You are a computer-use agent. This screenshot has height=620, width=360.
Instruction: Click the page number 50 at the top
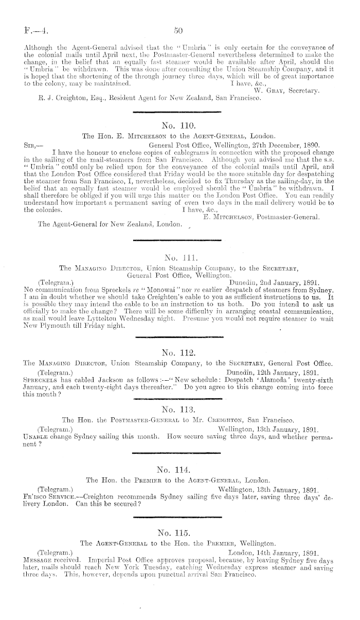(x=179, y=30)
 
